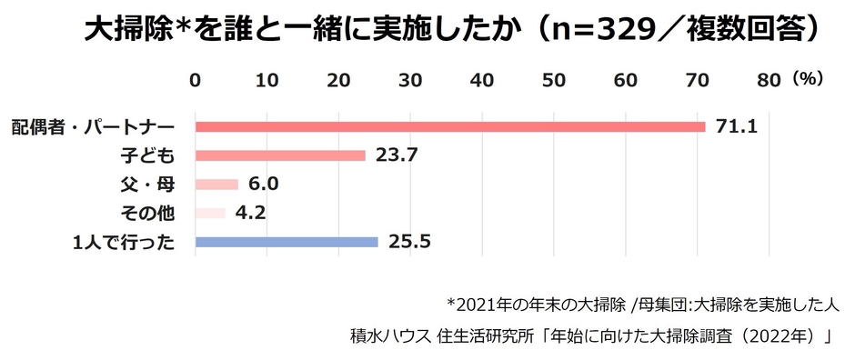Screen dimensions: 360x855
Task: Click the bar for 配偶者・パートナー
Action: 449,126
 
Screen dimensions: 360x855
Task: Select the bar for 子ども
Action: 280,155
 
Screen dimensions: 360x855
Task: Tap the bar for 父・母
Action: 216,185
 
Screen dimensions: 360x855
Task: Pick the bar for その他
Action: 210,214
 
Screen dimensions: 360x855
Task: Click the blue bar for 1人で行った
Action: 287,242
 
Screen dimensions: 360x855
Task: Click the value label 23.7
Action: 396,155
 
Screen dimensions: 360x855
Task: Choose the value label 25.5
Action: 408,242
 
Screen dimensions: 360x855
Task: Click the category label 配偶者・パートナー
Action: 92,126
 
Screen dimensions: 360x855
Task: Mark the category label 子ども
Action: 146,155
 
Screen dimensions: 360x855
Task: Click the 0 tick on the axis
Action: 195,80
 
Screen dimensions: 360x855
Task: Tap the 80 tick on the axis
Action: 769,80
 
